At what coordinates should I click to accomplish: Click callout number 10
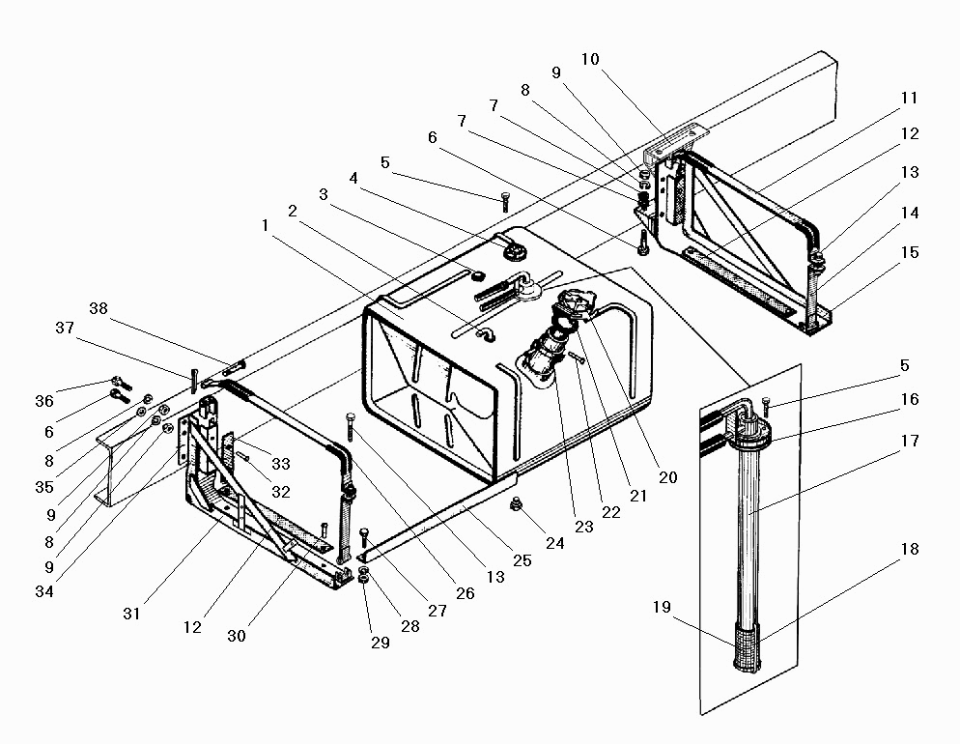[590, 59]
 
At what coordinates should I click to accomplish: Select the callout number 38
[99, 308]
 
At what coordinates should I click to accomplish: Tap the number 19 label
[662, 607]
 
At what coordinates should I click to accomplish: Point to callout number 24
[555, 543]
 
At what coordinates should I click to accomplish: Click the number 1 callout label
[265, 226]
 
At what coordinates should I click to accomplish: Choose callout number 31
[131, 614]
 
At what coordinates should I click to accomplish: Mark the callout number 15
[910, 252]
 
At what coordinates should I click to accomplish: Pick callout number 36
[44, 401]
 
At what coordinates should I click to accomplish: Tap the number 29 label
[381, 643]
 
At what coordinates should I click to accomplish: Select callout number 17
[910, 441]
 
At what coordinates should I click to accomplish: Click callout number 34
[44, 591]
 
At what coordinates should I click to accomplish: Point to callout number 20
[668, 477]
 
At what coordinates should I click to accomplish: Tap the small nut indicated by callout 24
[516, 504]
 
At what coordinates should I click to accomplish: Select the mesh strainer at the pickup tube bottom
[746, 646]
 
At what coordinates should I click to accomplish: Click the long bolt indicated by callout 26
[350, 425]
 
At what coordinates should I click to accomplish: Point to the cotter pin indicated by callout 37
[193, 381]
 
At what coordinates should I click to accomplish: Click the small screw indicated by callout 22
[577, 358]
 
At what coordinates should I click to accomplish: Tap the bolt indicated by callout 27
[364, 538]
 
